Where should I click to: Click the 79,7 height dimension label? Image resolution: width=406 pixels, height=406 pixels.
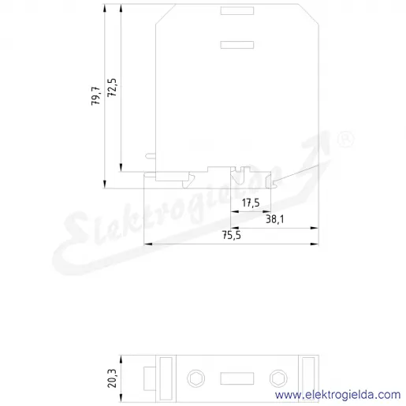click(95, 96)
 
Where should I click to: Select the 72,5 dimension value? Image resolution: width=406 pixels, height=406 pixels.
click(112, 88)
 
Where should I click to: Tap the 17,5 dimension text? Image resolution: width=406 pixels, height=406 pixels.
click(251, 203)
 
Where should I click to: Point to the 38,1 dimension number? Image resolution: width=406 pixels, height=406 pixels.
click(275, 219)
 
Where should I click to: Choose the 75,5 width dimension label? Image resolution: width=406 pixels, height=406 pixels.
click(232, 235)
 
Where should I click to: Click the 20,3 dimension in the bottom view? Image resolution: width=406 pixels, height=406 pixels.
click(112, 378)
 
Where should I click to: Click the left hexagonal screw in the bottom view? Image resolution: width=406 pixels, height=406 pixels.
click(196, 378)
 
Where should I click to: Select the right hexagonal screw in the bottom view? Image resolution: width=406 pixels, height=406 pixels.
click(278, 378)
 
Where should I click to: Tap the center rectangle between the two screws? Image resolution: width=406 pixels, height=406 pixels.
click(237, 378)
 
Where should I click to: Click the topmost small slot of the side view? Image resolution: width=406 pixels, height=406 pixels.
click(237, 11)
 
